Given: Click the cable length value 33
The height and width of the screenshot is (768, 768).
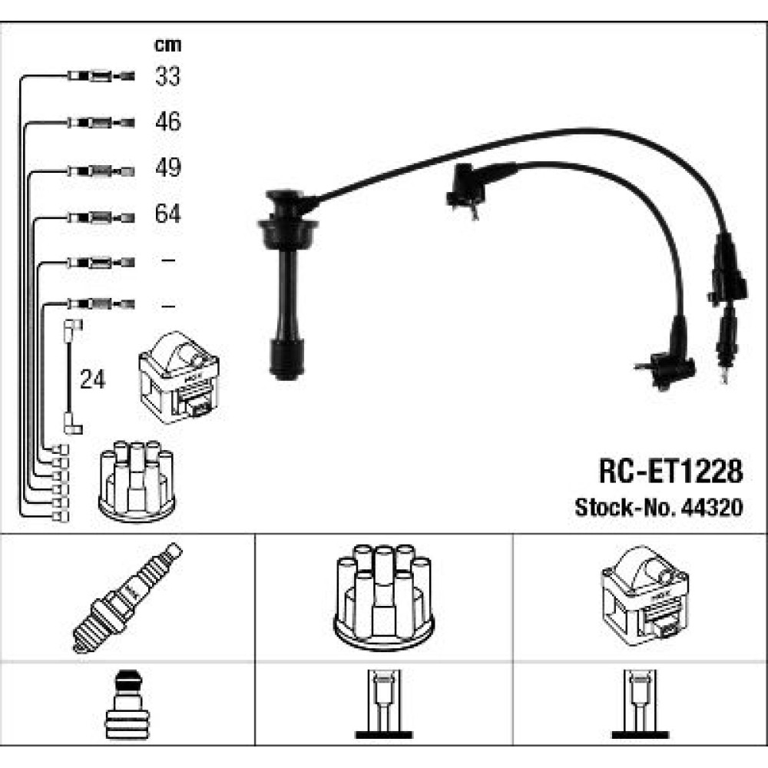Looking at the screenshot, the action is [x=167, y=76].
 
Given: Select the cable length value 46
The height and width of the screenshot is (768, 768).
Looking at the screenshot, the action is [x=168, y=121].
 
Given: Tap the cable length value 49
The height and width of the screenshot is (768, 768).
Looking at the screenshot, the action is [x=168, y=167].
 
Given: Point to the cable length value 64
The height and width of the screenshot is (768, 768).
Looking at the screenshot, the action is [x=167, y=214].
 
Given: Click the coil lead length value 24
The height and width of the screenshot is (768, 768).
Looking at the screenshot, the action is [x=93, y=379].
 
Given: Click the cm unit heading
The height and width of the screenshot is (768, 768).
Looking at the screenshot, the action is [x=167, y=45].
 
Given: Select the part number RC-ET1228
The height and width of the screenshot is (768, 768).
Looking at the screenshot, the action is [x=670, y=472].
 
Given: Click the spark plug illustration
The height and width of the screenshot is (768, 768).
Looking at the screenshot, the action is [x=127, y=598].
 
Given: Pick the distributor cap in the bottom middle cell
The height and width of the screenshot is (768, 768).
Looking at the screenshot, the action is [x=384, y=598].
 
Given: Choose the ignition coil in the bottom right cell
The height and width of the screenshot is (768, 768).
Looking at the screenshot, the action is [x=644, y=596].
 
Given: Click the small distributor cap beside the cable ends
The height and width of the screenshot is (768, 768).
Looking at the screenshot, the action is [x=137, y=481].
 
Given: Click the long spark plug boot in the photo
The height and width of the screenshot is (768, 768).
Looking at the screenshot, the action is [x=287, y=284].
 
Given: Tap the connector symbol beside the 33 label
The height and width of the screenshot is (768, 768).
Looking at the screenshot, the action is [x=101, y=76].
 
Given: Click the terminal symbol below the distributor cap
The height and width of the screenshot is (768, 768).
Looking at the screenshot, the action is [x=384, y=703].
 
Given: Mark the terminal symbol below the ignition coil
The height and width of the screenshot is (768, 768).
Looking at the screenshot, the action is [x=640, y=703].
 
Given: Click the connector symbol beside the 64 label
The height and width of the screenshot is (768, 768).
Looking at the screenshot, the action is [x=101, y=217].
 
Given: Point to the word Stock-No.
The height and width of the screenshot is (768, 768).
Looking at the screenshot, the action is [x=625, y=508].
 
